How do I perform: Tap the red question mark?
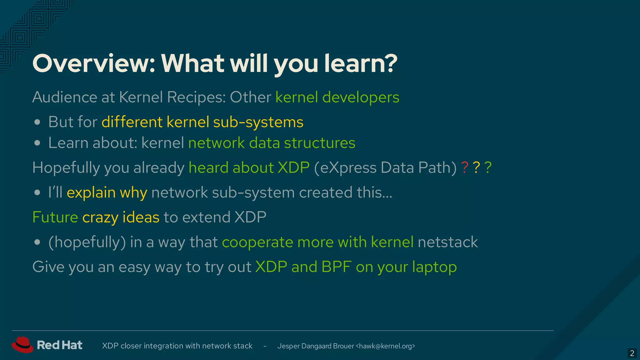click(x=465, y=167)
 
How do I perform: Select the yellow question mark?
click(x=476, y=167)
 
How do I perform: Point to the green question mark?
click(x=488, y=167)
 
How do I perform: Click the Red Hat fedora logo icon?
click(x=22, y=345)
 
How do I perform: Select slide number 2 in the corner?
click(x=632, y=353)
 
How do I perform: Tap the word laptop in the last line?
click(x=434, y=267)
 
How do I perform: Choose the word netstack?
click(x=447, y=242)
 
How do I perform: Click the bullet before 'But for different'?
click(x=37, y=122)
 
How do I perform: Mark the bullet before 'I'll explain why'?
click(x=37, y=192)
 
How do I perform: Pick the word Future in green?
click(x=55, y=217)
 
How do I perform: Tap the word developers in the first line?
click(x=361, y=97)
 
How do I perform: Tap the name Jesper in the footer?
click(x=288, y=346)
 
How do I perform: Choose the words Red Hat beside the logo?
click(x=59, y=345)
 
